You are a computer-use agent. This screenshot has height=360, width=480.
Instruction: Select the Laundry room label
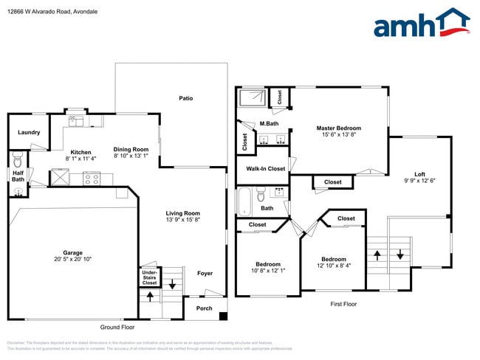pos(29,133)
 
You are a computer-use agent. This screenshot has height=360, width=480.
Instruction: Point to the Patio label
pos(186,98)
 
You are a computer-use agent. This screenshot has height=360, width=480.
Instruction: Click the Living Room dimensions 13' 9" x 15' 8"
pos(182,220)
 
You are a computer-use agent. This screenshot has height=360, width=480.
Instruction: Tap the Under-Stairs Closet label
pos(149,277)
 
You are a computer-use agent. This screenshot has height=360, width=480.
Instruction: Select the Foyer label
pos(205,273)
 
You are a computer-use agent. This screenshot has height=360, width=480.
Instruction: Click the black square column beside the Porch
pos(223,316)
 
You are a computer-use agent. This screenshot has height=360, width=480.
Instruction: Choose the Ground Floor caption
pos(117,327)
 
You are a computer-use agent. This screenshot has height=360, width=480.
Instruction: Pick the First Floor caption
pos(343,304)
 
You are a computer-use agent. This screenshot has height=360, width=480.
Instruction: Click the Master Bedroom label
pos(339,128)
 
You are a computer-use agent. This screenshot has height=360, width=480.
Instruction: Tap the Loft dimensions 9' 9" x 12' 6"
pos(419,181)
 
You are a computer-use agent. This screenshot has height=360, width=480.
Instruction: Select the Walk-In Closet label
pos(265,169)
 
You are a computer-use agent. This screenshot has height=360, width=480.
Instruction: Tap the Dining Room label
pos(131,149)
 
